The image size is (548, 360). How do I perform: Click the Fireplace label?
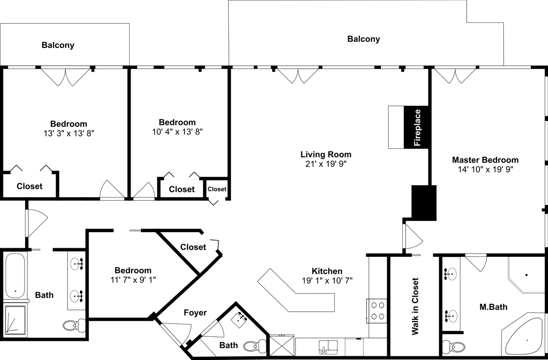(x=417, y=128)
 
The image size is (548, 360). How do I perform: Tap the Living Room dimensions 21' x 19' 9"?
(x=326, y=164)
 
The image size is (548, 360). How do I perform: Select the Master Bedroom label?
(x=485, y=160)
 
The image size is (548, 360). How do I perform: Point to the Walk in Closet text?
(x=415, y=306)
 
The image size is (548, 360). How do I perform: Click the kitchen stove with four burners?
(x=376, y=311)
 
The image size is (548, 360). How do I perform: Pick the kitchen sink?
(x=328, y=347)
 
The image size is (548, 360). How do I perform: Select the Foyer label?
(x=195, y=313)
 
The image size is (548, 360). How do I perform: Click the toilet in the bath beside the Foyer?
(x=255, y=346)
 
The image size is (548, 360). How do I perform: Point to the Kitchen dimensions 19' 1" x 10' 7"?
(x=327, y=280)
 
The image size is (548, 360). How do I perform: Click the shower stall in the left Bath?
(x=15, y=320)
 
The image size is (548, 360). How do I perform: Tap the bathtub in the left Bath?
(x=15, y=276)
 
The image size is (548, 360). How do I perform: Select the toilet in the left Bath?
(x=74, y=325)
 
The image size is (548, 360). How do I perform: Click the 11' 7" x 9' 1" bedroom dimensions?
(x=133, y=280)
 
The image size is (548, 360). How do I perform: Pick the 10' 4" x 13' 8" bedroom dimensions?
(x=177, y=132)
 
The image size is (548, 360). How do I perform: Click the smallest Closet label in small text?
(x=217, y=189)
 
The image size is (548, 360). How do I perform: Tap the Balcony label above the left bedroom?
(x=58, y=45)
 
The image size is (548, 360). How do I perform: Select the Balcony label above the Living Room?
(x=364, y=39)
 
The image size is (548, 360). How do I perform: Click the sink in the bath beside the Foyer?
(x=239, y=320)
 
